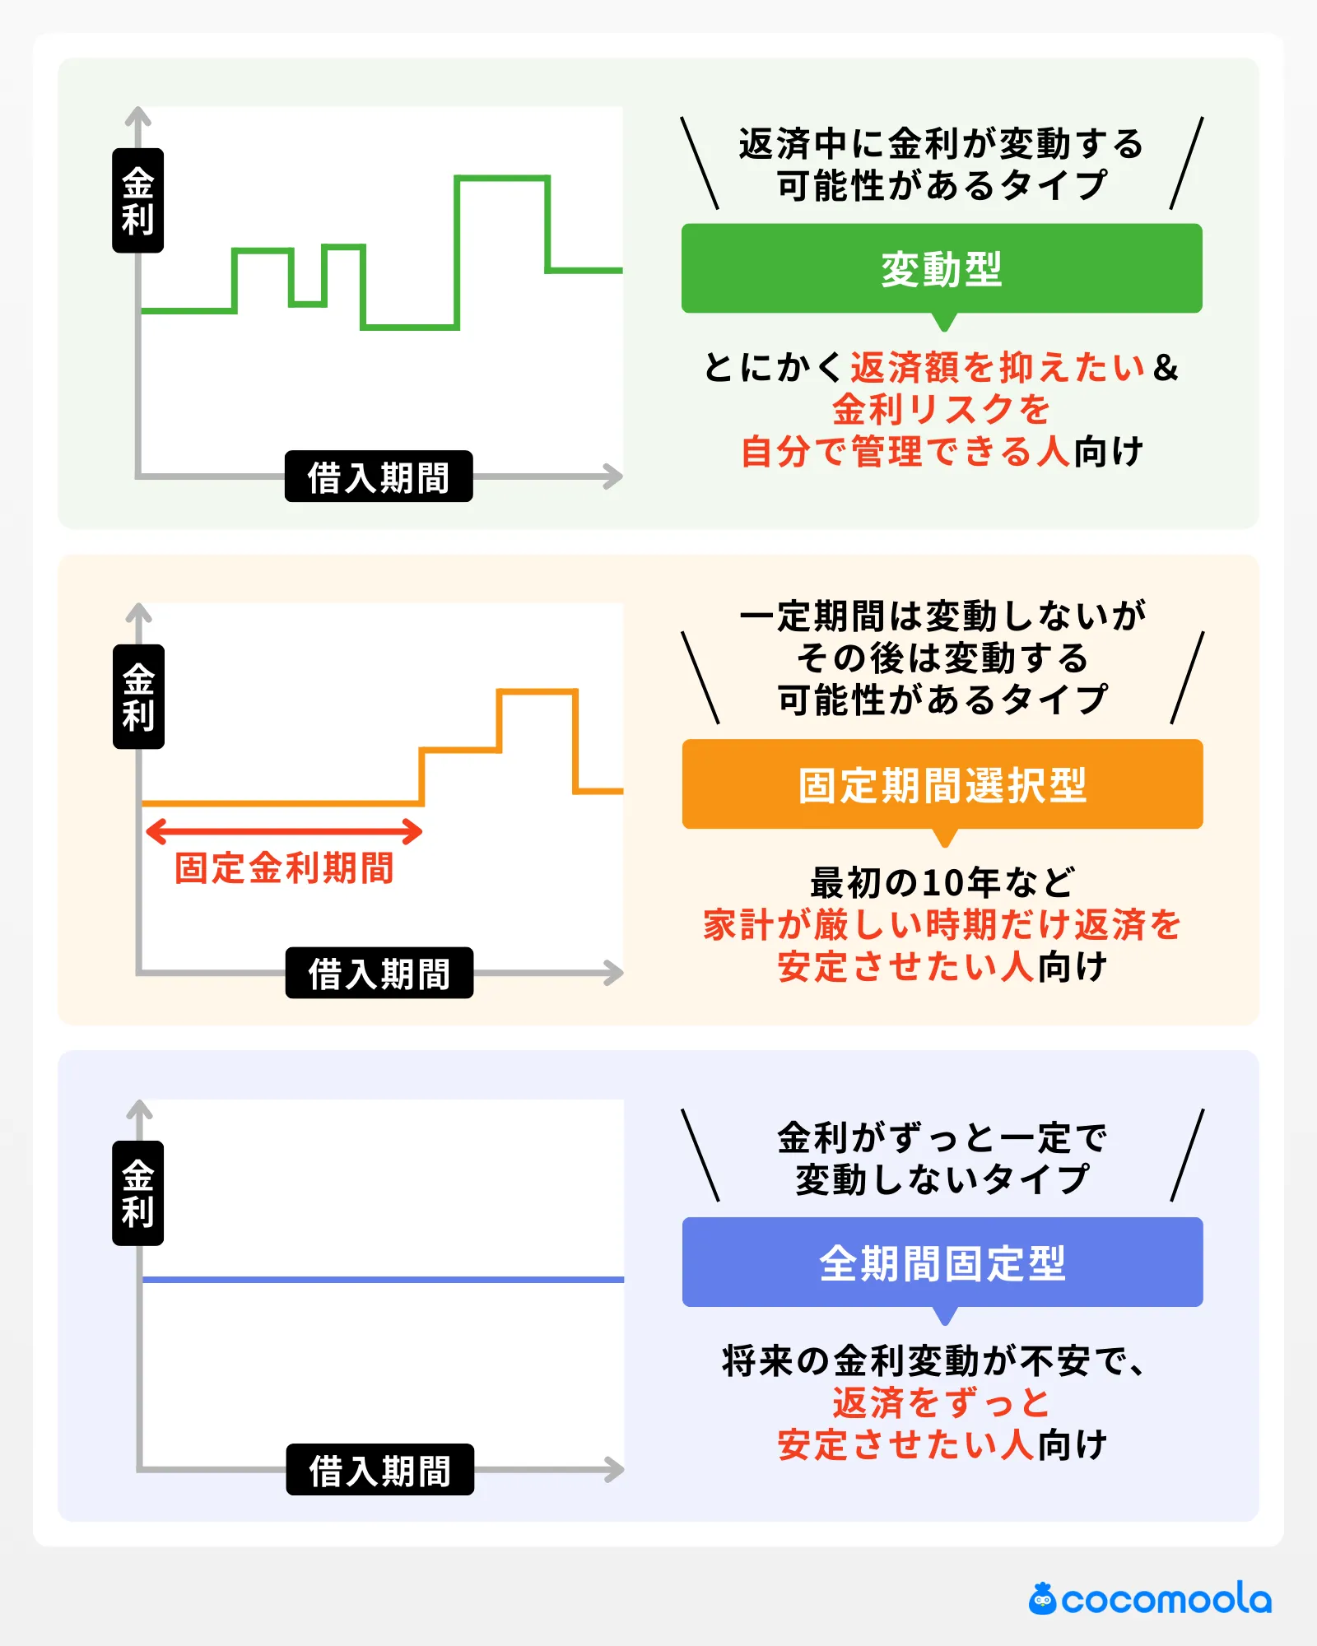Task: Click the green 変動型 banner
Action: [942, 268]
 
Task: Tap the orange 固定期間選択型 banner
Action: [942, 784]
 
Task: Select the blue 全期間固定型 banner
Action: [942, 1262]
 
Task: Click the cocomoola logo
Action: [1150, 1599]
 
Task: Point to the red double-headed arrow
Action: [284, 831]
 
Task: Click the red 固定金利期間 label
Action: [284, 868]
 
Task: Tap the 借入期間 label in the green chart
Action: [379, 477]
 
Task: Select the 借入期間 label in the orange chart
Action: [379, 973]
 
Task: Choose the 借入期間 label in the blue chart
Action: [380, 1469]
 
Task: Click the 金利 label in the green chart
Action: [138, 201]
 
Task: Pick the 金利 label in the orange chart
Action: [138, 697]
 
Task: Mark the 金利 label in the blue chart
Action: [138, 1193]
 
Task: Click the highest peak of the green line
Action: [502, 178]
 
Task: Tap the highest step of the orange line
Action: [537, 692]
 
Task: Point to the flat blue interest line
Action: [383, 1280]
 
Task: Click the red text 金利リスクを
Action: [942, 409]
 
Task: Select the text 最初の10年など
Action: [942, 882]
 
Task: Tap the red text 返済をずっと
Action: [942, 1402]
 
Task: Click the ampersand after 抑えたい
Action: [1166, 367]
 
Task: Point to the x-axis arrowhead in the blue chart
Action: [614, 1469]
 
